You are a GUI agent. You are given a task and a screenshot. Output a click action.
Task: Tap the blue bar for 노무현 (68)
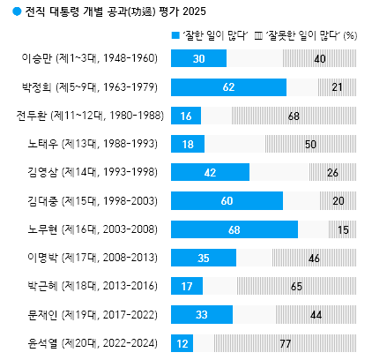[x=233, y=229]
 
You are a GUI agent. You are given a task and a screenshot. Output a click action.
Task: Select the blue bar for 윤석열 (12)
[x=181, y=343]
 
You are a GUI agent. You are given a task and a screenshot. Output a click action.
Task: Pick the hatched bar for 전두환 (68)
[x=294, y=116]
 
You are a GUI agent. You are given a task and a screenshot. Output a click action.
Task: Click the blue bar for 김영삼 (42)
[x=209, y=172]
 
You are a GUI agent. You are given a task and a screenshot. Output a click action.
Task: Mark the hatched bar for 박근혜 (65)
[x=296, y=286]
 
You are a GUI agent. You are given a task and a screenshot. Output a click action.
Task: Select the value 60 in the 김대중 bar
[x=227, y=201]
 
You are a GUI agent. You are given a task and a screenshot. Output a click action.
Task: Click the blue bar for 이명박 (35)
[x=203, y=258]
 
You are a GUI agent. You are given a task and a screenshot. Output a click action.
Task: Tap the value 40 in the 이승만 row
[x=319, y=58]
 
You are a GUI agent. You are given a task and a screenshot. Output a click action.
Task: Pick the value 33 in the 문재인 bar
[x=202, y=315]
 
